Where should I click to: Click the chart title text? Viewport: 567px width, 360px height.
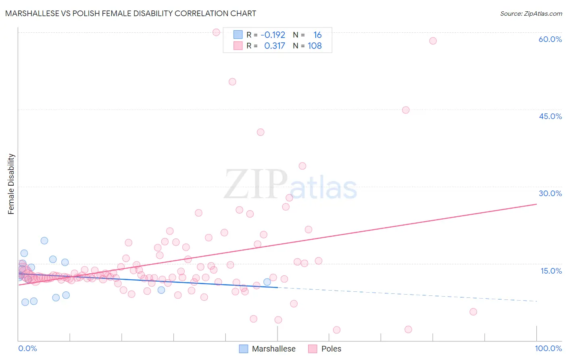tap(131, 13)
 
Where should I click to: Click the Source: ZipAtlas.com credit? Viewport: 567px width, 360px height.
tap(531, 13)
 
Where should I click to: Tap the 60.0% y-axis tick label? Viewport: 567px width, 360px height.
tap(550, 39)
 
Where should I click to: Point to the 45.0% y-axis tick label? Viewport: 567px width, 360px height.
tap(550, 116)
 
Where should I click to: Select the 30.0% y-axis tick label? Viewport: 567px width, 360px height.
tap(550, 193)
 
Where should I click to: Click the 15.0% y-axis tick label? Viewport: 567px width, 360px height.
tap(551, 271)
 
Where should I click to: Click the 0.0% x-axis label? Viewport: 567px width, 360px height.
tap(27, 348)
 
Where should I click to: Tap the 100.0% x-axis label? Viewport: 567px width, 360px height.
tap(548, 348)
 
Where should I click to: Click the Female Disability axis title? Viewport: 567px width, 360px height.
tap(11, 184)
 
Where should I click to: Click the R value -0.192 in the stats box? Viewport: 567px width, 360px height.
tap(273, 35)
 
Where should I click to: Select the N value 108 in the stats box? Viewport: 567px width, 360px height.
tap(315, 46)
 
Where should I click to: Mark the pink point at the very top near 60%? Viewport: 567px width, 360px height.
tap(216, 32)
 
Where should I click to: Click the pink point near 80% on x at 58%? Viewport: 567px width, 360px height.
tap(433, 41)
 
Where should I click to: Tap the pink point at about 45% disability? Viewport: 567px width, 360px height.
tap(406, 110)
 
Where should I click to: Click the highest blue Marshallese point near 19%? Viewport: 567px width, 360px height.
tap(44, 241)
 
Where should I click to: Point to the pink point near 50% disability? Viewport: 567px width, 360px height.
tap(232, 82)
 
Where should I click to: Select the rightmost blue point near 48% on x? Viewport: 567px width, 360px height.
tap(267, 282)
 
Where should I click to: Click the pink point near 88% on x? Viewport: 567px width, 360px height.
tap(473, 312)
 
